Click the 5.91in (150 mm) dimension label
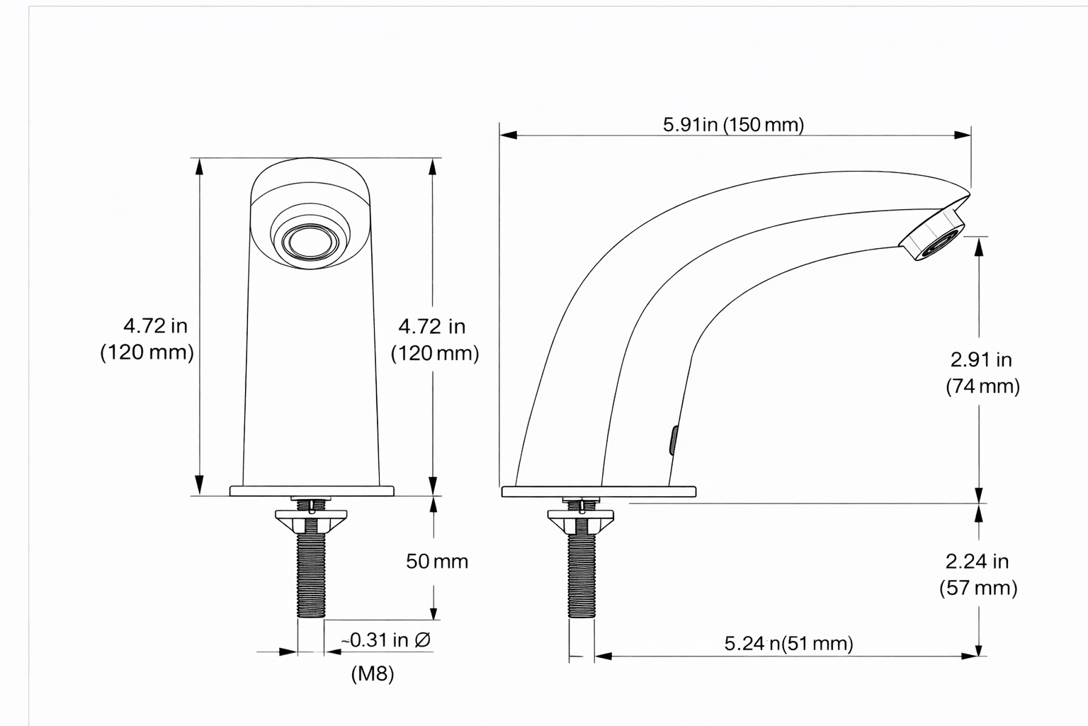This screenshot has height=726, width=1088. [x=733, y=125]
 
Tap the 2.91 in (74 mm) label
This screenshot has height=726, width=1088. [x=982, y=373]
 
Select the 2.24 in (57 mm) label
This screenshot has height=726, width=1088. [x=977, y=574]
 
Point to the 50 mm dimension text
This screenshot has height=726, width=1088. [x=437, y=562]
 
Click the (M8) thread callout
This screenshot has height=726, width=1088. [x=373, y=674]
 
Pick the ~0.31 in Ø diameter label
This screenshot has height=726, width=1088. [x=386, y=640]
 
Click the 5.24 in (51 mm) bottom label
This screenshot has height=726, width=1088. [x=788, y=643]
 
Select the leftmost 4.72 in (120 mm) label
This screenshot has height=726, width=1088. [x=148, y=339]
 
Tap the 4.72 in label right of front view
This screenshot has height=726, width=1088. [x=434, y=340]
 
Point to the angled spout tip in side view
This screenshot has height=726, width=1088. [x=934, y=233]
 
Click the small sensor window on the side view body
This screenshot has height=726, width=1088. [x=673, y=440]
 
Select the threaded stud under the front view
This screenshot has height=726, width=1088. [x=312, y=574]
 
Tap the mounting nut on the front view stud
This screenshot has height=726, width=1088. [x=312, y=521]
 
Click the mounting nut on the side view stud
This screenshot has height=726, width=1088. [x=582, y=523]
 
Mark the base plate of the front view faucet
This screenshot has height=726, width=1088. [x=312, y=491]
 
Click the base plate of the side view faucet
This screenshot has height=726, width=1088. [x=599, y=491]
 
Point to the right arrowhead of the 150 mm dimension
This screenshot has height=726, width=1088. [x=963, y=134]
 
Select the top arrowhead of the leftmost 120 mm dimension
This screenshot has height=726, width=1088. [x=199, y=166]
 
